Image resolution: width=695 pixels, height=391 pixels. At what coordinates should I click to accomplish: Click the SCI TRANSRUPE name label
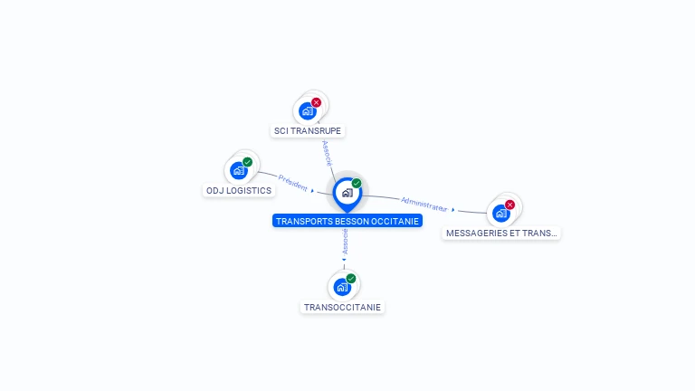tap(309, 131)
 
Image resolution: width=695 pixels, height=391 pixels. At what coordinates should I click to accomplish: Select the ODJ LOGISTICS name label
tap(239, 191)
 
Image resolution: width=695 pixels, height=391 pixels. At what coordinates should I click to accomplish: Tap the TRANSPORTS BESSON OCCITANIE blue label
tap(347, 221)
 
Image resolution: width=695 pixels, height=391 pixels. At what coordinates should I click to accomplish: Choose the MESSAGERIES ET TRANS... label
tap(501, 234)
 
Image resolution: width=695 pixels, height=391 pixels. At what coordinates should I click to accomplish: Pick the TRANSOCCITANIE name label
tap(342, 308)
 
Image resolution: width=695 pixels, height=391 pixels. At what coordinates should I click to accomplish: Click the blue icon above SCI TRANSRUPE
tap(308, 111)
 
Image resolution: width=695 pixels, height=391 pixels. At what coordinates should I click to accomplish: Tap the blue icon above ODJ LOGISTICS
tap(239, 170)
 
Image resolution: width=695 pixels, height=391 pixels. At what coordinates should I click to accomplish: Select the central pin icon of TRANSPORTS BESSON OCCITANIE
tap(347, 193)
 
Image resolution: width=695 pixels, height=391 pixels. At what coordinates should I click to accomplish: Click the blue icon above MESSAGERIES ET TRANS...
tap(500, 213)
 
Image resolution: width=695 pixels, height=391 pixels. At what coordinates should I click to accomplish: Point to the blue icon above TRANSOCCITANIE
tap(341, 287)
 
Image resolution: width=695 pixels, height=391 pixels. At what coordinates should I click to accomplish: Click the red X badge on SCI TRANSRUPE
tap(316, 102)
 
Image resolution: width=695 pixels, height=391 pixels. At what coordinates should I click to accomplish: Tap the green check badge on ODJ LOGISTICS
tap(247, 162)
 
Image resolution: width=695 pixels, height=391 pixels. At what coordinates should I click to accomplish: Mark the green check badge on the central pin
tap(357, 184)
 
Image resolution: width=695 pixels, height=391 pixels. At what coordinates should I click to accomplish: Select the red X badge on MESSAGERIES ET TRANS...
tap(509, 205)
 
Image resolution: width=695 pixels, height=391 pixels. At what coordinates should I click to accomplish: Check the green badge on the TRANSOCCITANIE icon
tap(350, 279)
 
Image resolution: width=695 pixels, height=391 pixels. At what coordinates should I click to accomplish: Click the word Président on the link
tap(293, 182)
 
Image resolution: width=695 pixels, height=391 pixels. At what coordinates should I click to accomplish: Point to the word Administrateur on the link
tap(424, 203)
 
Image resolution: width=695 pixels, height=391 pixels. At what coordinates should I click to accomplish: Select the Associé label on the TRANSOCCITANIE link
tap(345, 241)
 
